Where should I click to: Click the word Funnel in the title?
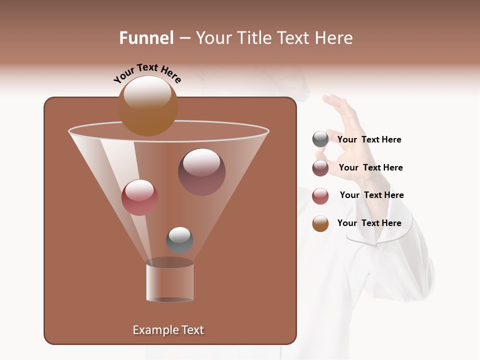coord(146,38)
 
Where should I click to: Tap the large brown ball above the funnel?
coord(147,106)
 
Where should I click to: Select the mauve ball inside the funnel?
coord(201,172)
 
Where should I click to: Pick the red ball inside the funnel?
coord(139,197)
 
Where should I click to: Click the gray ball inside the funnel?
coord(179,240)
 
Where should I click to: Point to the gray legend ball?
coord(320,139)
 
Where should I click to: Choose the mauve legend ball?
coord(320,168)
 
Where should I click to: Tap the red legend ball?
coord(320,196)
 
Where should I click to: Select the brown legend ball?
coord(320,223)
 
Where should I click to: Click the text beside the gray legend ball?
coord(369,139)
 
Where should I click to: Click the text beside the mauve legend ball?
coord(370,167)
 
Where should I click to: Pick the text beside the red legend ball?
coord(371,195)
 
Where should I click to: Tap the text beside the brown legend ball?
coord(369,223)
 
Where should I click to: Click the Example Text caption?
coord(168,330)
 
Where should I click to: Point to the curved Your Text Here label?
coord(147,73)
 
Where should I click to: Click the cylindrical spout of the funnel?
coord(169,281)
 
